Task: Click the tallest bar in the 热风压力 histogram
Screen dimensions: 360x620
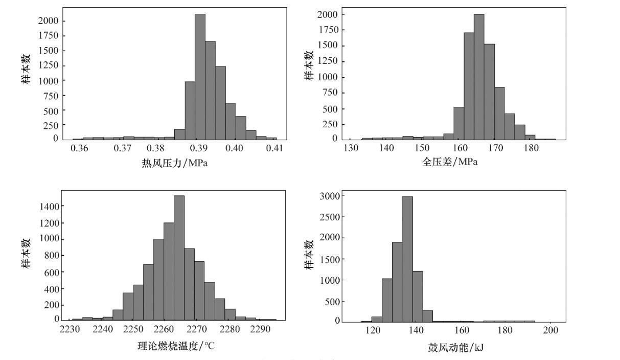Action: pos(200,77)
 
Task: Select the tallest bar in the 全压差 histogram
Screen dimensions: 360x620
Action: pos(479,77)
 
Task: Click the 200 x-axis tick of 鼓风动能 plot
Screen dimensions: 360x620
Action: pos(550,330)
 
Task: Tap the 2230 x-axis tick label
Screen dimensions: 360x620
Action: pos(70,330)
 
